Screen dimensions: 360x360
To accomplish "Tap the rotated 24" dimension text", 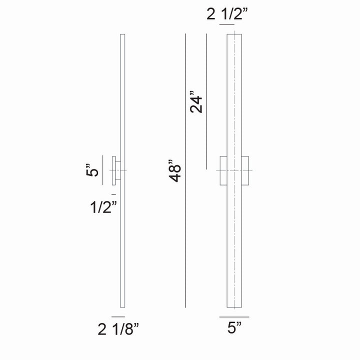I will (196, 102).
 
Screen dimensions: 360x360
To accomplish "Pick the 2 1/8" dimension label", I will (118, 329).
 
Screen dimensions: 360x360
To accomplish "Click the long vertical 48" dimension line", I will (185, 170).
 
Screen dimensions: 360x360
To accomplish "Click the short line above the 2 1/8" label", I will (118, 316).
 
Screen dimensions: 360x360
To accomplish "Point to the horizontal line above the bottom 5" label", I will (234, 317).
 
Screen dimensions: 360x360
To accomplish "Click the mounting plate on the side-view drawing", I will (115, 171).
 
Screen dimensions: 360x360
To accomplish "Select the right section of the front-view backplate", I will (245, 171).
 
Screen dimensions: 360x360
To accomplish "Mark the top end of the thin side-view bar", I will (122, 36).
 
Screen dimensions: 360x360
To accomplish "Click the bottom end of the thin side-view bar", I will (122, 306).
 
